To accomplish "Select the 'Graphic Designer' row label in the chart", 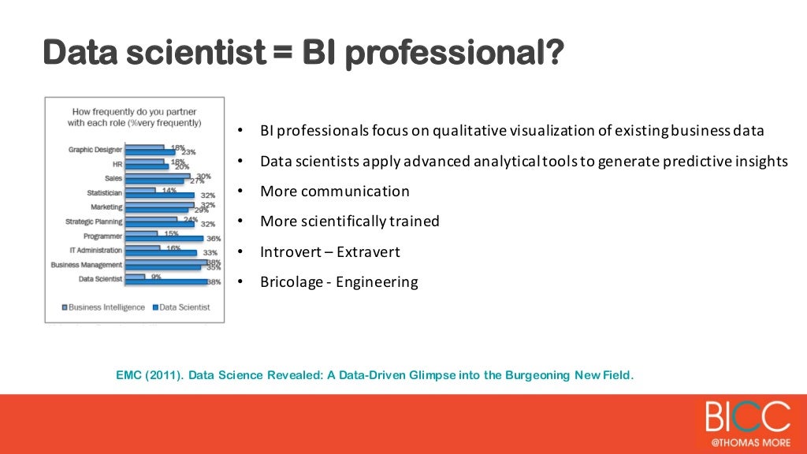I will tap(95, 150).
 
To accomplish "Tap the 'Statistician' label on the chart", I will tap(104, 193).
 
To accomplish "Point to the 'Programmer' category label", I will tap(102, 236).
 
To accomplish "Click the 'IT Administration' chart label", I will tap(95, 251).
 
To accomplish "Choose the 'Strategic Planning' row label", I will tap(94, 221).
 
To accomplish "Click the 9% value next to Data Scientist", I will tap(157, 277).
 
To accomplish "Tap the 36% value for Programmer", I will tap(212, 239).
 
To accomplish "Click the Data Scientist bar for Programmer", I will tap(164, 238).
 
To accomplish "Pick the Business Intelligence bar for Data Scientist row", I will tap(135, 277).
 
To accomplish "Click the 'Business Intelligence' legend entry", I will tap(106, 307).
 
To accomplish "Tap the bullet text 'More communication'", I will tap(335, 192).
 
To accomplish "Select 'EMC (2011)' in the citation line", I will tap(150, 375).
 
